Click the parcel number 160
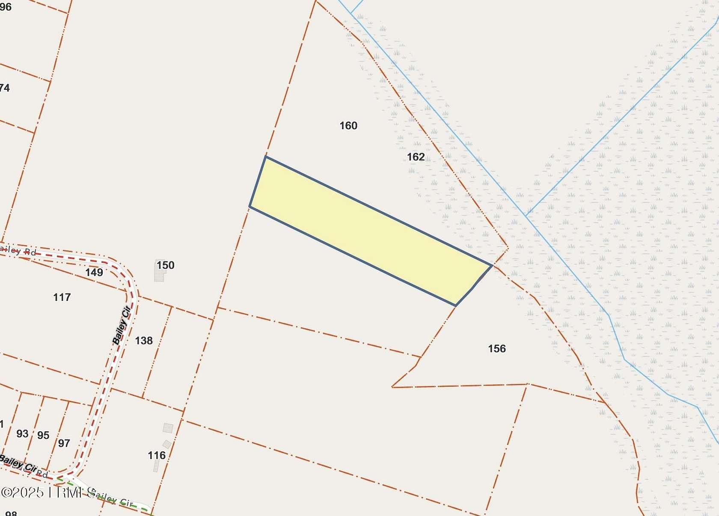[x=348, y=126]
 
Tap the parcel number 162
[x=416, y=157]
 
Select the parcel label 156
[x=496, y=349]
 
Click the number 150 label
[x=165, y=265]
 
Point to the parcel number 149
[x=94, y=272]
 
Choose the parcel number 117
[x=62, y=297]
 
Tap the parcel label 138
[x=144, y=341]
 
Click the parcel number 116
[x=157, y=455]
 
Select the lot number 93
[x=22, y=434]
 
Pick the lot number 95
[x=43, y=436]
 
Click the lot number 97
[x=64, y=443]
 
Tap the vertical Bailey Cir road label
[x=122, y=326]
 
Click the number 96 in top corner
[x=6, y=7]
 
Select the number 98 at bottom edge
[x=11, y=513]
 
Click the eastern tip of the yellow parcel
[x=491, y=265]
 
